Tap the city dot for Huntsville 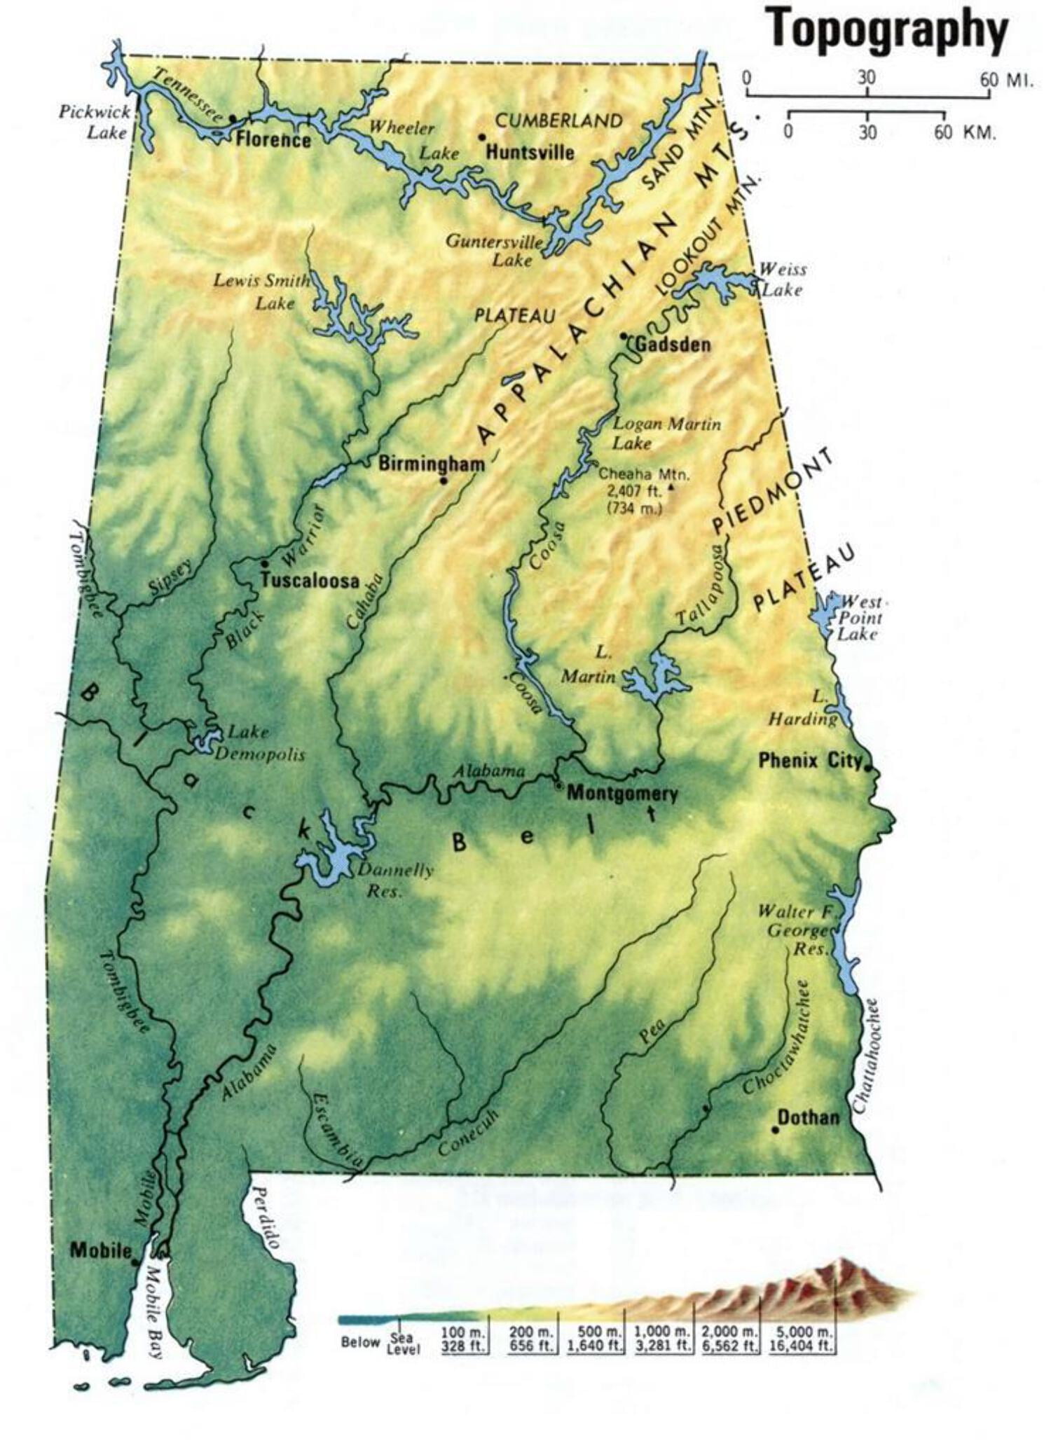point(482,137)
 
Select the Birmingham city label point(431,464)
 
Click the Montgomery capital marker point(558,786)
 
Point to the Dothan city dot point(775,1130)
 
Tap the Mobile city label point(100,1250)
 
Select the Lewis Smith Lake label point(262,291)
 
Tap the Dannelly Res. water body point(329,858)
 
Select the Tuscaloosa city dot point(265,564)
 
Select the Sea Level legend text point(403,1344)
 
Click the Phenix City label point(810,761)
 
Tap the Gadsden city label point(673,345)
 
